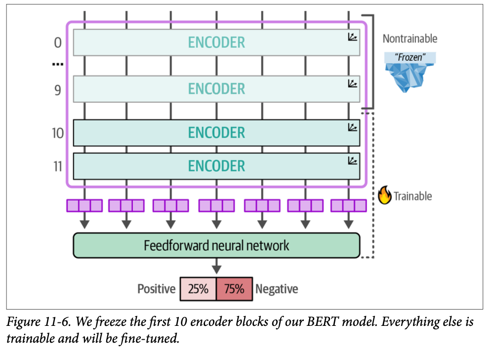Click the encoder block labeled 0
point(216,43)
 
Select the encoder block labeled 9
point(216,89)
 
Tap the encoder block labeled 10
point(216,133)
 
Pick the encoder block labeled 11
point(216,166)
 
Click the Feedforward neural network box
point(216,245)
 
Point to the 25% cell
point(198,289)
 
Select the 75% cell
point(234,289)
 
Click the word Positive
point(156,289)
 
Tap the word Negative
point(277,289)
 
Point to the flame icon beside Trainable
point(384,196)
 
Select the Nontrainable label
point(410,39)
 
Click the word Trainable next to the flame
point(413,196)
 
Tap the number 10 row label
point(58,133)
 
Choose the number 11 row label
point(58,166)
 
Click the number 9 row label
point(58,89)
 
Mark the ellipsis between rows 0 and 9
point(58,64)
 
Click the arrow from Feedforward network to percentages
point(216,268)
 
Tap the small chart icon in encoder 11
point(352,161)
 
